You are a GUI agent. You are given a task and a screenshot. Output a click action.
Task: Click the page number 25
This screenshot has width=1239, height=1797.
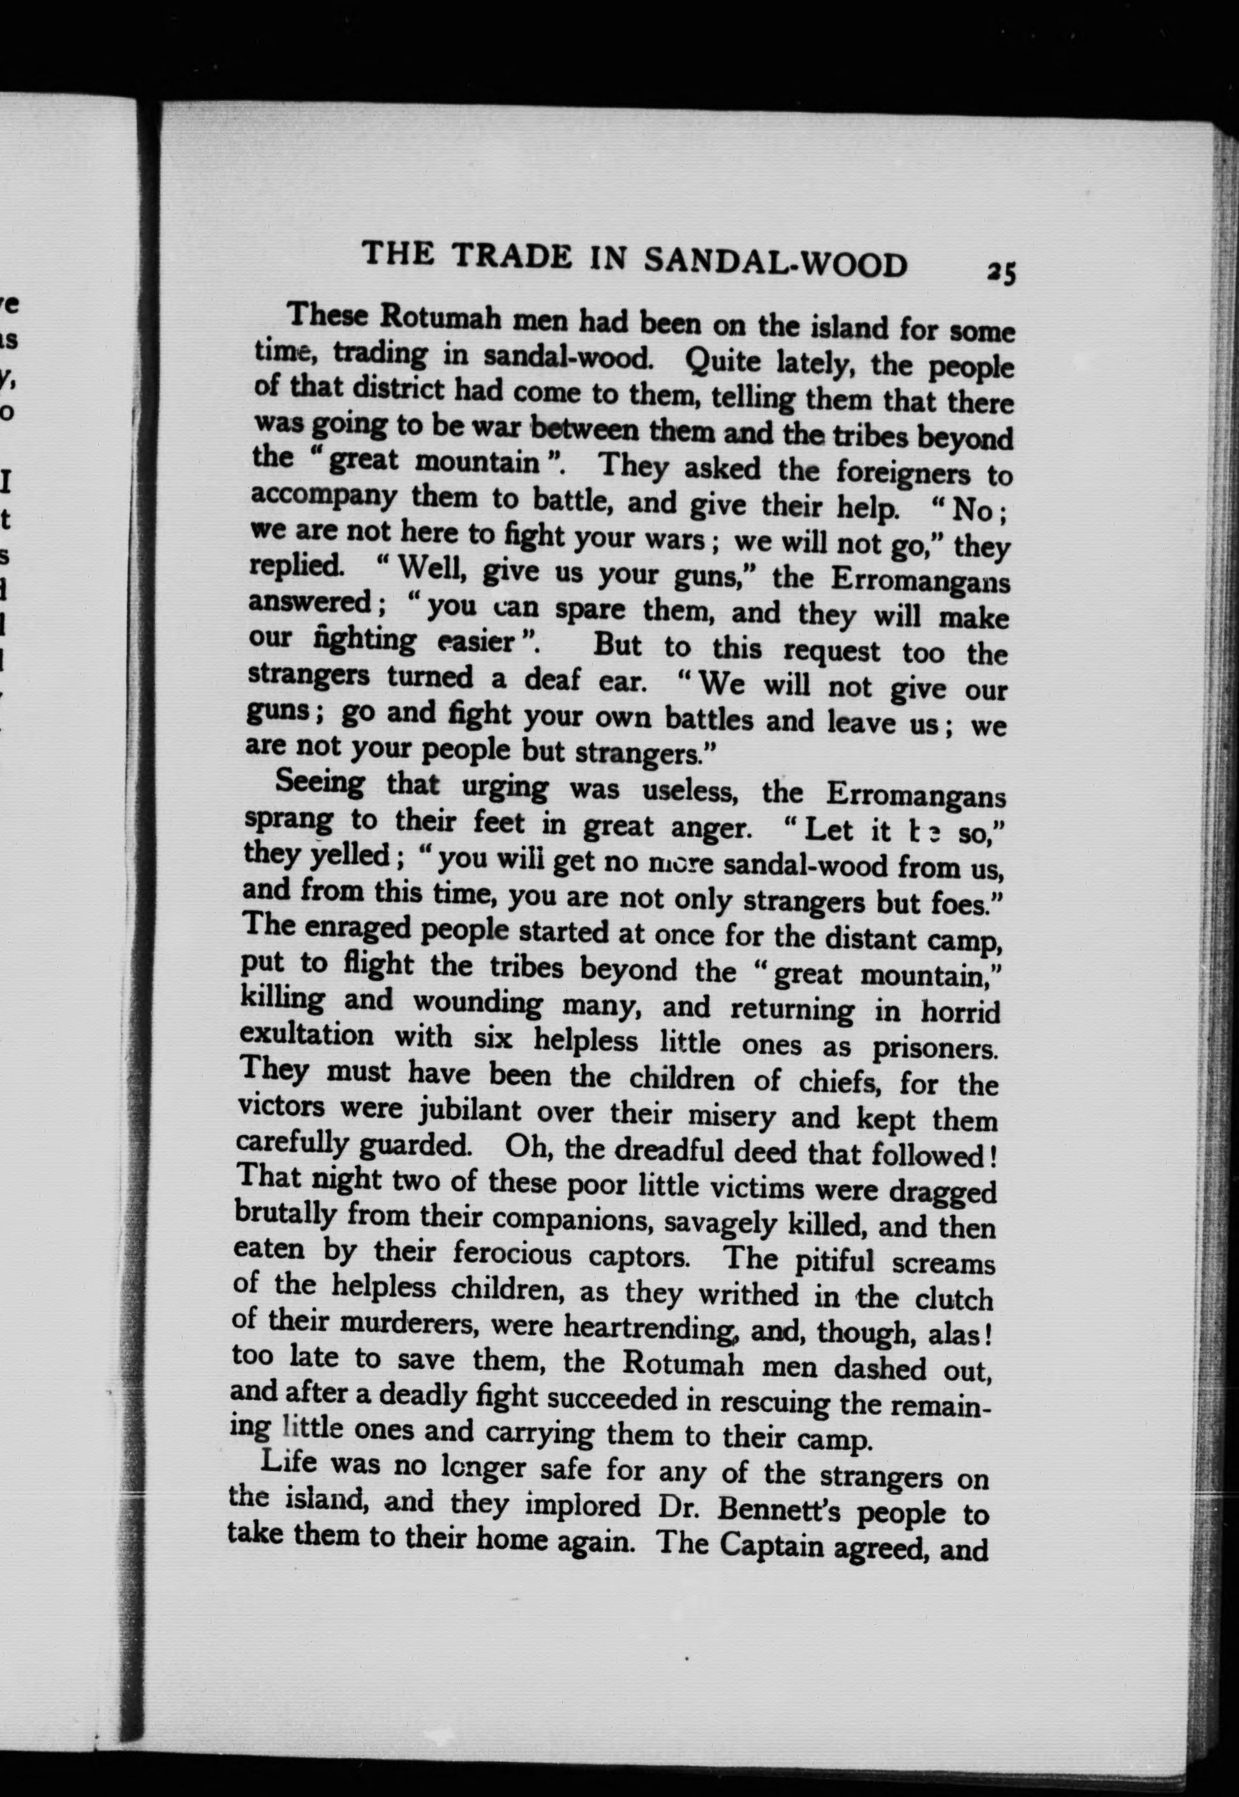pyautogui.click(x=1000, y=273)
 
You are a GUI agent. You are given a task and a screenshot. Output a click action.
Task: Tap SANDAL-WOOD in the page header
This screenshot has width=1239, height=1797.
pyautogui.click(x=776, y=262)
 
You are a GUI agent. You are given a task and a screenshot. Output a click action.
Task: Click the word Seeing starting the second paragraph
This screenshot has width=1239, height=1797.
pyautogui.click(x=319, y=781)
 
